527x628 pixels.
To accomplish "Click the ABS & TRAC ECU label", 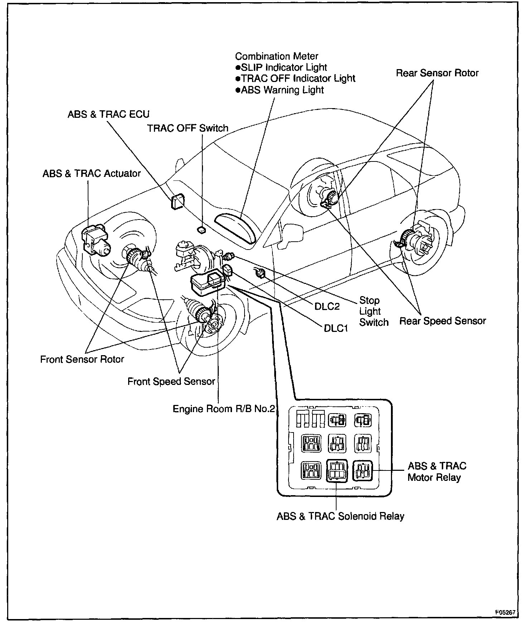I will pos(108,114).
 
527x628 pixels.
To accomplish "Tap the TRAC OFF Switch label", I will pos(188,128).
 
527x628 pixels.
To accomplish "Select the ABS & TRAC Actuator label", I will pos(92,174).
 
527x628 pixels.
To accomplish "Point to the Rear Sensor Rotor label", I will pos(437,73).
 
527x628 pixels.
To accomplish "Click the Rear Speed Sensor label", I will pos(443,321).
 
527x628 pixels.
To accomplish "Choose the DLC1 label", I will pos(336,328).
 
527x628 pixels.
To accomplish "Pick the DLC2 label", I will pos(327,306).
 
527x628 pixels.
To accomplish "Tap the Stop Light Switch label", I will pos(373,311).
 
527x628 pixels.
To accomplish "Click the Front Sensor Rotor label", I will pos(82,359).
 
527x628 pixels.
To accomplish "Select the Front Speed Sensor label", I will pos(171,382).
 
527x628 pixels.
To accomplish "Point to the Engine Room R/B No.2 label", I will pos(223,409).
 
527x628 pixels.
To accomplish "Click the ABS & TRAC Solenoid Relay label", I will pos(340,516).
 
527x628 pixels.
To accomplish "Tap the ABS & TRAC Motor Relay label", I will pos(436,472).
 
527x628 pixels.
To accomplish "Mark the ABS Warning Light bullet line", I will pos(280,90).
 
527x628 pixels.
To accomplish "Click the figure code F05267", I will pos(505,612).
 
